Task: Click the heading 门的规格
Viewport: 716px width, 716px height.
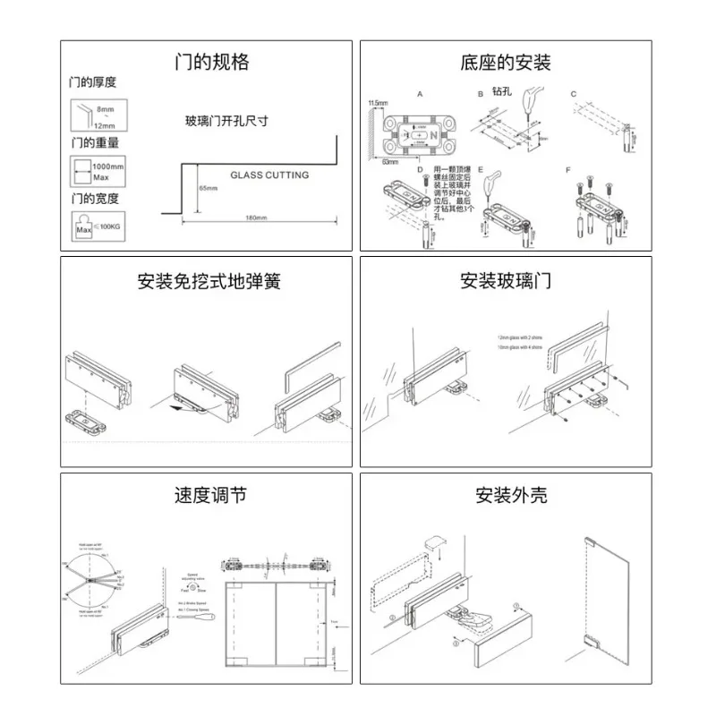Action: [211, 63]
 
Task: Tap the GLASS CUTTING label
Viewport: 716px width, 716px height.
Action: [269, 175]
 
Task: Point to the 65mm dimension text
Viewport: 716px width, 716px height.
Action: [208, 189]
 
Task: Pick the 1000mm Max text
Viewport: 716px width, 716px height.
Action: [108, 172]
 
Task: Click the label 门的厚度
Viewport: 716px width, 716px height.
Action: [93, 82]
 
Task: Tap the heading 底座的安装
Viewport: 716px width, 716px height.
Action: [506, 63]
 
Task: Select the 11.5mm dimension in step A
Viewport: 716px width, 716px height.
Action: [378, 104]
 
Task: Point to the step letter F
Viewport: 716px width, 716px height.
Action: [567, 169]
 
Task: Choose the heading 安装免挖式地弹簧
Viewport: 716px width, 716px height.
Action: [210, 281]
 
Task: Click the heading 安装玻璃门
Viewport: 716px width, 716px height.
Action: [506, 281]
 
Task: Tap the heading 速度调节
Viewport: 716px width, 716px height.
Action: [210, 495]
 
